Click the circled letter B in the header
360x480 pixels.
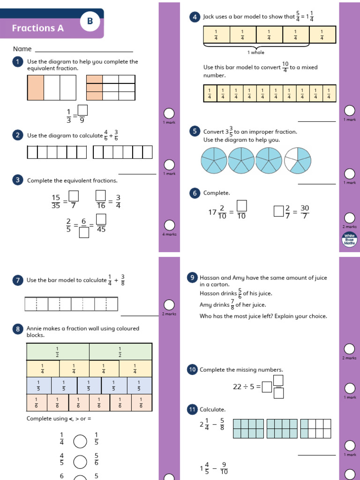[90, 21]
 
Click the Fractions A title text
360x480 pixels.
[37, 28]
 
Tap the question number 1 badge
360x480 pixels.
[17, 62]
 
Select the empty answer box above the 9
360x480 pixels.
[82, 110]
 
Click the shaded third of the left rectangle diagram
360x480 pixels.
[36, 88]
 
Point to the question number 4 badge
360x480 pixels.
[195, 17]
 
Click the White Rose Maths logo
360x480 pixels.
[350, 239]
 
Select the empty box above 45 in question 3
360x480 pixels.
[101, 219]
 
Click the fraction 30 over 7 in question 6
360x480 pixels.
[305, 212]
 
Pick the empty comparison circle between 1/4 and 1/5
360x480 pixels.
[80, 442]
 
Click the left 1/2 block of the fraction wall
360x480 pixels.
[58, 352]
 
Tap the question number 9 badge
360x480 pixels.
[192, 278]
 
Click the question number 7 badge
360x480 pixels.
[17, 280]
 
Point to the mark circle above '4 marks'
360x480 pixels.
[169, 225]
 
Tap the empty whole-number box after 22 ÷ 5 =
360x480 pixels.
[267, 387]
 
